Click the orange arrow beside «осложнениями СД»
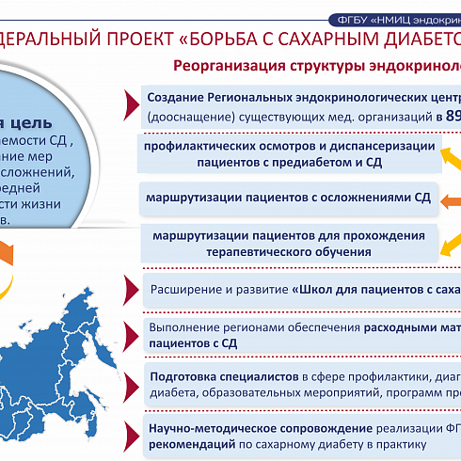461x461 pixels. pos(449,199)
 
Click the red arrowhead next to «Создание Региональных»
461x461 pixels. pos(129,98)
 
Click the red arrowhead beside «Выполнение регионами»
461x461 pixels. pos(129,331)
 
